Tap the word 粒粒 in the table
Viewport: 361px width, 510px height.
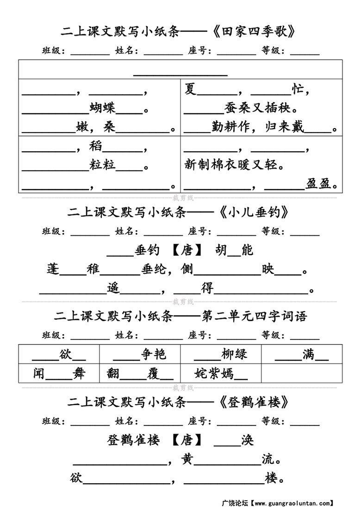point(103,164)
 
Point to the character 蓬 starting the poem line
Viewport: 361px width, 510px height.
point(54,269)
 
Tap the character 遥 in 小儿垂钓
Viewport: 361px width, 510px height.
point(113,288)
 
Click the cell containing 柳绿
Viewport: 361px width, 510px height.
point(221,354)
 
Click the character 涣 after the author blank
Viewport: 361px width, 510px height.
point(247,440)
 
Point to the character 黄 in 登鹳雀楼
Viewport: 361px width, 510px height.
point(187,459)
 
